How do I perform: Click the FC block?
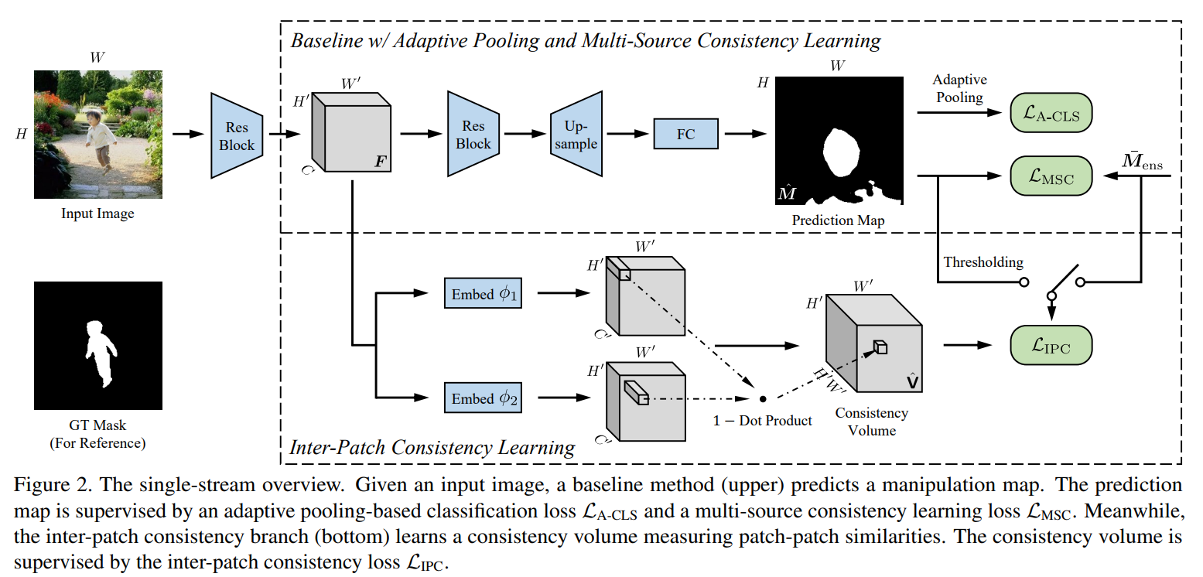(685, 134)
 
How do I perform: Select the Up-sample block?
(576, 134)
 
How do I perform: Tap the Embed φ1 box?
(483, 294)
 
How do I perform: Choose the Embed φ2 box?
(483, 398)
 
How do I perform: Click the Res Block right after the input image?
(236, 135)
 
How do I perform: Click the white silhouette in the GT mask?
(98, 351)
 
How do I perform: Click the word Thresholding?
(983, 262)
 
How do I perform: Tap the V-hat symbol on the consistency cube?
(912, 380)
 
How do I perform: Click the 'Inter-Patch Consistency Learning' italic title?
(432, 447)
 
